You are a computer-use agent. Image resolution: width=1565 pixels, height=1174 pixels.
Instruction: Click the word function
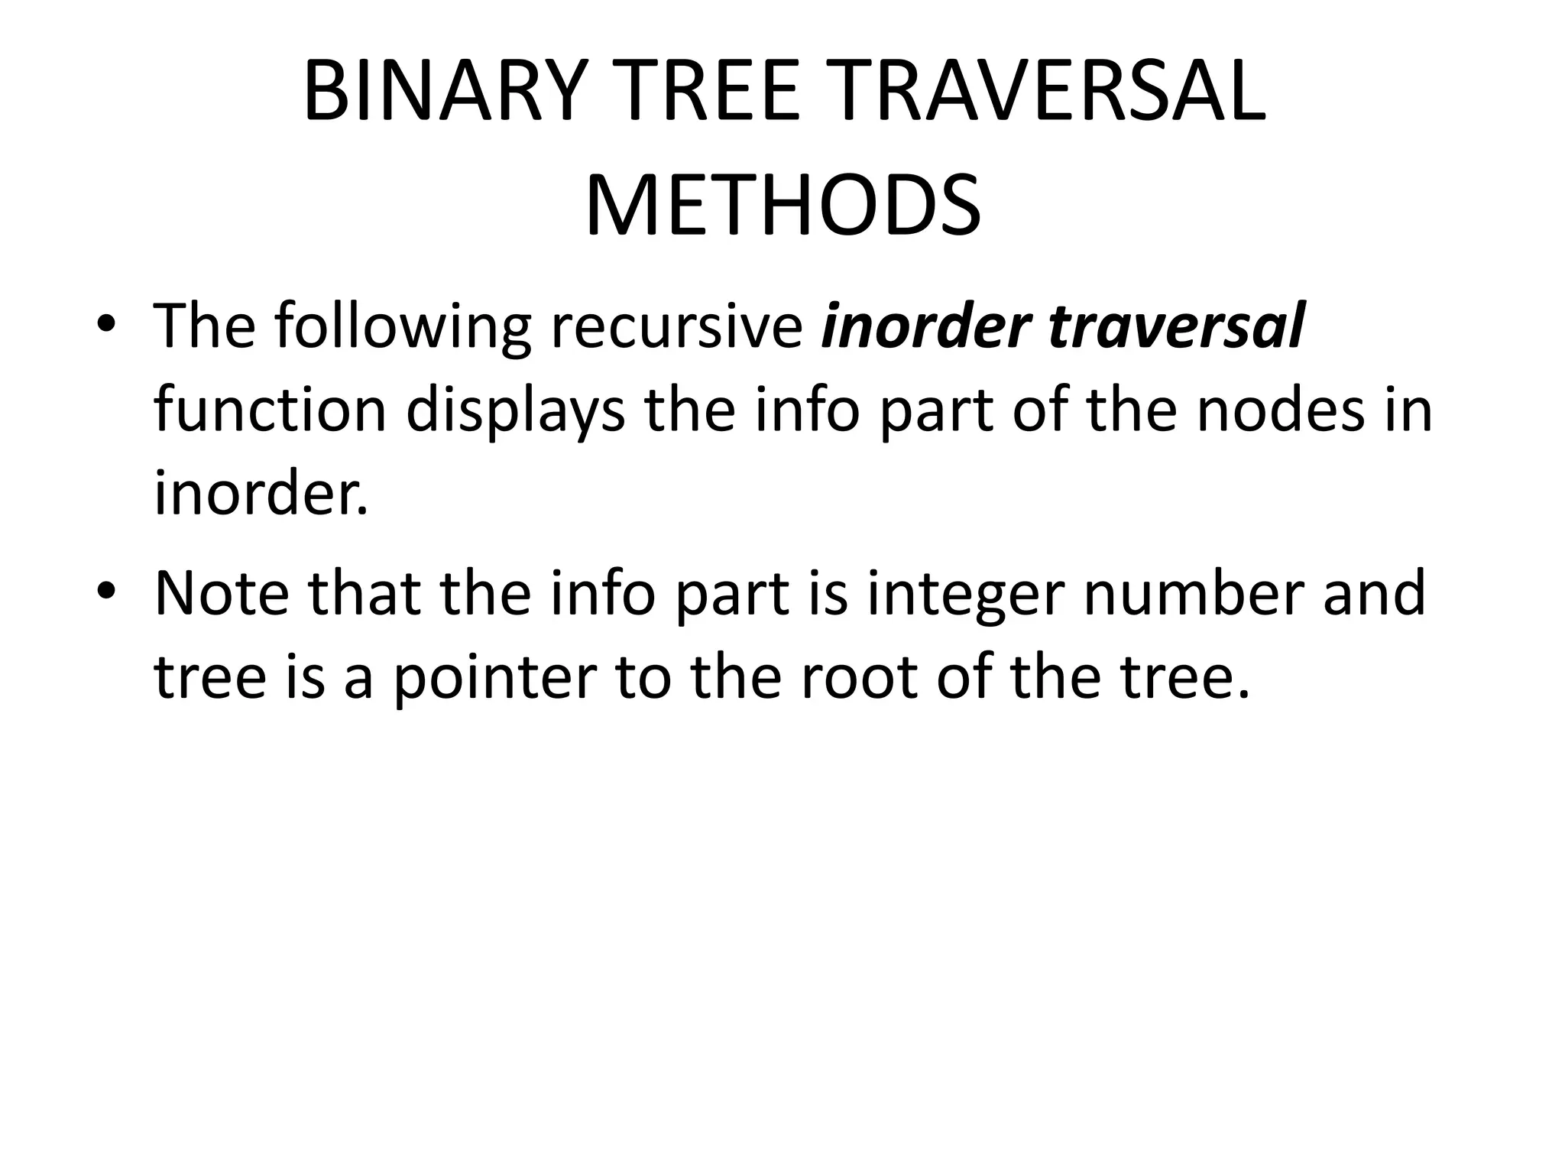point(271,410)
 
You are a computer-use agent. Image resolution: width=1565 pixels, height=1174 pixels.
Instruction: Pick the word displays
point(515,410)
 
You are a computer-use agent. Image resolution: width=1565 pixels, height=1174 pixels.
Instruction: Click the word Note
point(222,594)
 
